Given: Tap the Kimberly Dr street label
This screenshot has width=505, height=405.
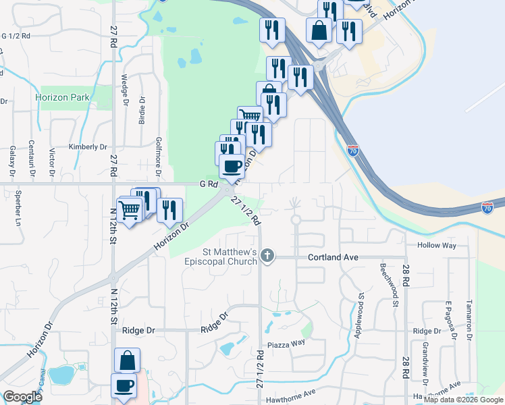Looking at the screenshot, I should pyautogui.click(x=88, y=146).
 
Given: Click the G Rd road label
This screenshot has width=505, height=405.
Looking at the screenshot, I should pyautogui.click(x=208, y=184).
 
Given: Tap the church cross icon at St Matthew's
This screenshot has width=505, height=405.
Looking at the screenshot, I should pyautogui.click(x=268, y=256).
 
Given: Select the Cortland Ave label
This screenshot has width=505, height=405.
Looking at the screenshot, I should pyautogui.click(x=332, y=257).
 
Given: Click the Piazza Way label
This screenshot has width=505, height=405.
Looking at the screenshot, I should pyautogui.click(x=287, y=343).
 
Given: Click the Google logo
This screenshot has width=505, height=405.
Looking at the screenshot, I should pyautogui.click(x=23, y=397).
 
